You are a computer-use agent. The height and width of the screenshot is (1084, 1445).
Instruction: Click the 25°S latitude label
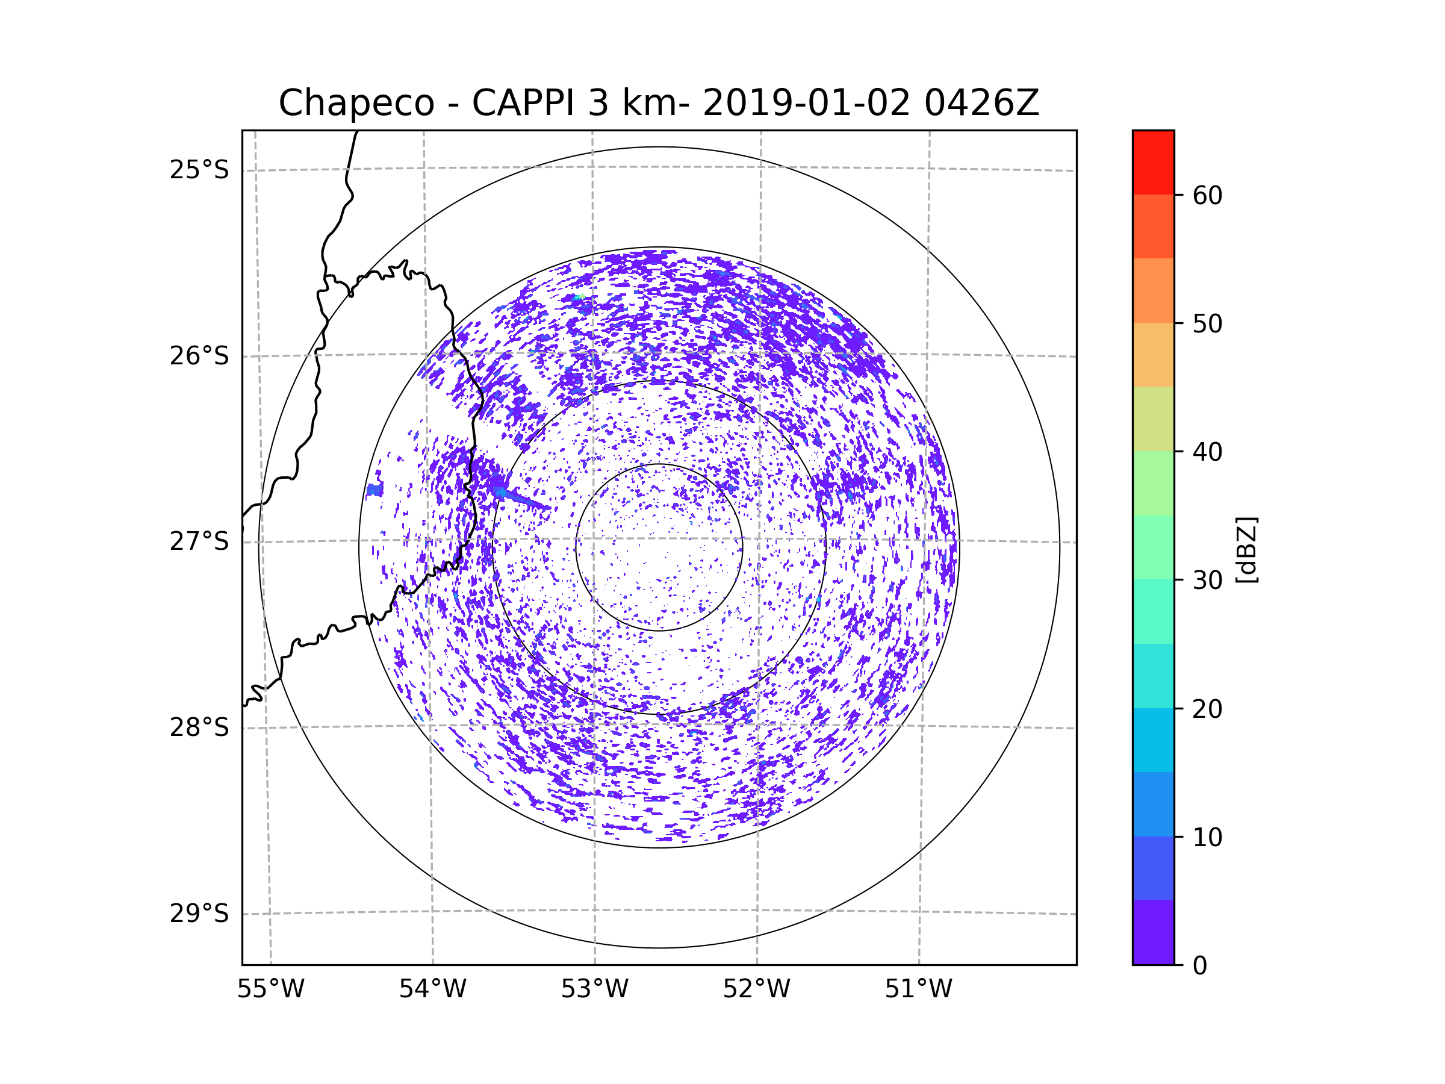click(x=199, y=170)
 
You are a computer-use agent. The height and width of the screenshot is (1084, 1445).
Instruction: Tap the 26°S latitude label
click(x=199, y=356)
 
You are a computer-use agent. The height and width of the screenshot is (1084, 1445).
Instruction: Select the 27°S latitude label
click(x=199, y=541)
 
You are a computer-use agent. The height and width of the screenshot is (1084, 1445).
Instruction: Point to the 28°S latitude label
click(x=199, y=727)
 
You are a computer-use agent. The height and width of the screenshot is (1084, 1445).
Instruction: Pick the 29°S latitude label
click(x=199, y=914)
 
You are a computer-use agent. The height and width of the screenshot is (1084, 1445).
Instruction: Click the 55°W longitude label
click(x=270, y=989)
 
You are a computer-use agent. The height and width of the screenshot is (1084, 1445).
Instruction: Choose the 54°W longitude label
click(x=432, y=989)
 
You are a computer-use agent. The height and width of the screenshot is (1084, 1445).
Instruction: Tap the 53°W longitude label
click(x=594, y=989)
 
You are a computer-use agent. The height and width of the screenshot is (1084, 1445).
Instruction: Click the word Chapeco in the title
click(x=356, y=103)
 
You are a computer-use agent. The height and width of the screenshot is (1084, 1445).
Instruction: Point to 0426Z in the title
click(x=981, y=103)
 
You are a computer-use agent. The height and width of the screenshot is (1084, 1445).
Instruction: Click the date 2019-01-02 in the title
click(x=806, y=103)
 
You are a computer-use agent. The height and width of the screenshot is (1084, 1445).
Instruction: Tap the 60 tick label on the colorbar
click(x=1207, y=195)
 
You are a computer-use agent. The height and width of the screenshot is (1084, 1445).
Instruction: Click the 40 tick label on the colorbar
click(x=1207, y=452)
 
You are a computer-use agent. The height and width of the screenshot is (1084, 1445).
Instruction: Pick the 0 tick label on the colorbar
click(x=1200, y=966)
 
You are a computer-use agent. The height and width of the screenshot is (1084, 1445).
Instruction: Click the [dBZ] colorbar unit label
click(x=1246, y=549)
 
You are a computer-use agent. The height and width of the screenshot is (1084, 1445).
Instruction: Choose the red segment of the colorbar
click(x=1153, y=162)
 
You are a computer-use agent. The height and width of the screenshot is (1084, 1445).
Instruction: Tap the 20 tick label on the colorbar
click(x=1207, y=709)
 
